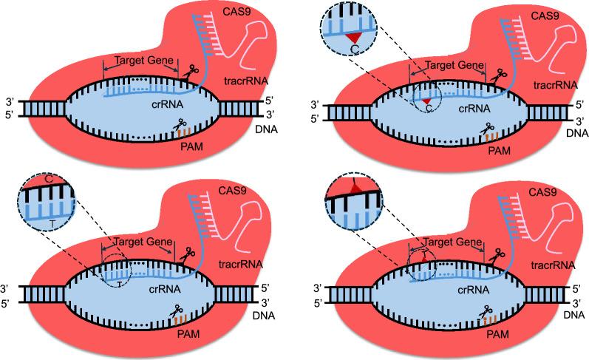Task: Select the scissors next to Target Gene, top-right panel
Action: click(500, 74)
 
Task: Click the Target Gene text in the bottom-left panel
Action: click(140, 242)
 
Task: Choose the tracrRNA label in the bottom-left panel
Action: click(239, 265)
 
